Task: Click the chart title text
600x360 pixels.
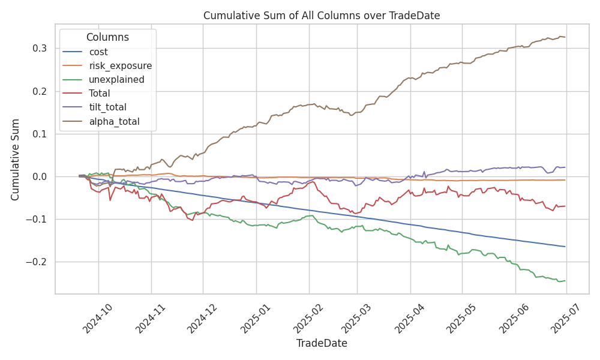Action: [x=322, y=16]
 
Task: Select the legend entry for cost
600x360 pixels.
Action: [x=98, y=52]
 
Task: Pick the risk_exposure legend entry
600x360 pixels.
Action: [x=120, y=66]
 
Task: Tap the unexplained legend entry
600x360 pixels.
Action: [x=116, y=80]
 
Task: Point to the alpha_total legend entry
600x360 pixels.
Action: [x=114, y=121]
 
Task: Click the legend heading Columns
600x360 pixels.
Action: [x=107, y=37]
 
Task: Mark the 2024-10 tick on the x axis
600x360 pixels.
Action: [x=97, y=316]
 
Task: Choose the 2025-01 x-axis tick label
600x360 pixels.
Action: [x=255, y=316]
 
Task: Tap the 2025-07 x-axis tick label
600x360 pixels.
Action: [x=566, y=316]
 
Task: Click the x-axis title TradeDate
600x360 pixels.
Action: [x=322, y=343]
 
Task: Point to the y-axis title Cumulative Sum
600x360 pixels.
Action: [x=16, y=159]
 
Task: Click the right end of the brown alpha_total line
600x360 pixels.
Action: [x=565, y=37]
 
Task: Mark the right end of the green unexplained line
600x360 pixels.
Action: [x=565, y=281]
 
